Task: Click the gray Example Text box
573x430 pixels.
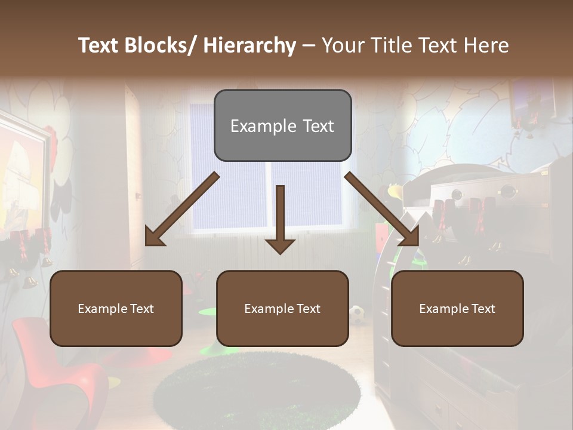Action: [x=282, y=125]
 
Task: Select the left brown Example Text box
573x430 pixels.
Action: [x=116, y=308]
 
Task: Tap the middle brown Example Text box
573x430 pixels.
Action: [x=282, y=308]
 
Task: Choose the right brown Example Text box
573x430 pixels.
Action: [x=457, y=308]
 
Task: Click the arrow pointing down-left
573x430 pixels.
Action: [x=182, y=210]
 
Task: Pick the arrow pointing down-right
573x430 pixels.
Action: [x=382, y=210]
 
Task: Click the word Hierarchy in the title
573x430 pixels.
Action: [x=249, y=45]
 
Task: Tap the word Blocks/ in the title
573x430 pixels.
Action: [x=162, y=45]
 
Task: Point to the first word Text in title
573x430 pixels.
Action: [x=99, y=45]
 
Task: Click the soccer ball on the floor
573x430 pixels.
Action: [x=357, y=314]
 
